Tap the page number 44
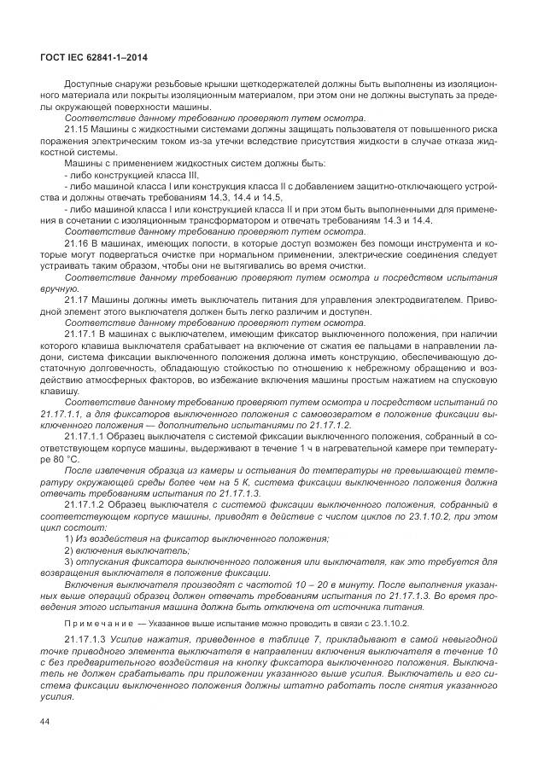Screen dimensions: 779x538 point(46,721)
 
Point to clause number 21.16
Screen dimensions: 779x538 point(78,244)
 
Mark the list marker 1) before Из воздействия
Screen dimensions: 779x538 point(69,539)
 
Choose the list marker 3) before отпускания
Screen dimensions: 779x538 point(69,562)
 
